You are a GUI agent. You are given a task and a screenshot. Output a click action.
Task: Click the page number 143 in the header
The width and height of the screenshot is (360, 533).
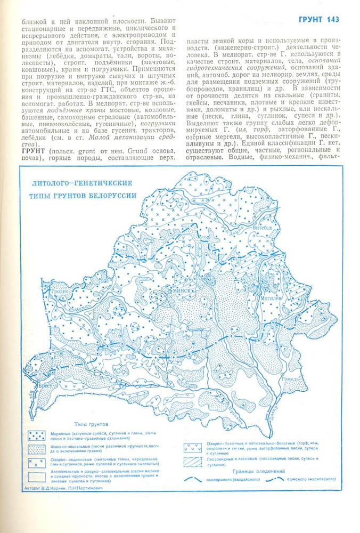pyautogui.click(x=331, y=20)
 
